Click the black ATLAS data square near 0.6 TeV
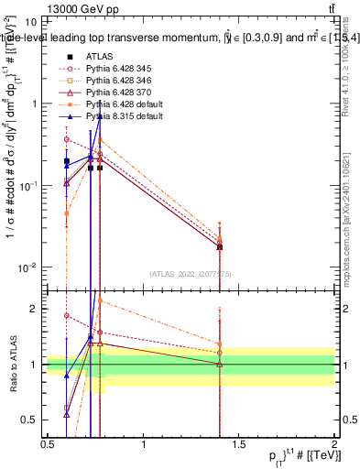click(x=67, y=161)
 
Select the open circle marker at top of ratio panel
click(x=67, y=315)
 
